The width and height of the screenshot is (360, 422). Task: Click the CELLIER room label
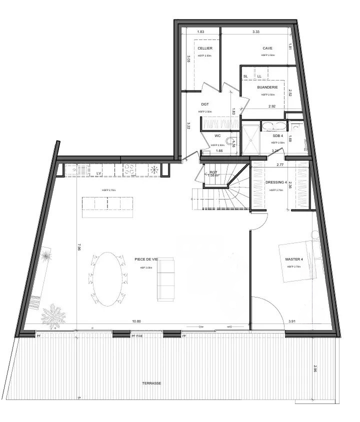205,48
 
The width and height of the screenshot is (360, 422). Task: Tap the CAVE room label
267,48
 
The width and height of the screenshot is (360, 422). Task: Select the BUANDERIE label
267,87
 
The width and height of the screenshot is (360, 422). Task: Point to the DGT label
205,104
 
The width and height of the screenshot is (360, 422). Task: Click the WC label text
217,135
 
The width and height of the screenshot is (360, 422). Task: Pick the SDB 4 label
278,135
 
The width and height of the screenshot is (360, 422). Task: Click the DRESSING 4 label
275,182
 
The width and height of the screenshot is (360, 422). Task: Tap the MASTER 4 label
293,259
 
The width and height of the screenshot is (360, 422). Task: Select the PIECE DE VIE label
146,259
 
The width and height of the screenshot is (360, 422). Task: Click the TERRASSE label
151,383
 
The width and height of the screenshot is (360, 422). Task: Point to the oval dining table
108,279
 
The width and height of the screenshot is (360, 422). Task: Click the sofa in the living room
165,279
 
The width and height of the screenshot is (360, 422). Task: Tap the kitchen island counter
107,207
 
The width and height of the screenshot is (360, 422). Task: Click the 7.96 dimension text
78,246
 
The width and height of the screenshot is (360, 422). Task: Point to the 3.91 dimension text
292,321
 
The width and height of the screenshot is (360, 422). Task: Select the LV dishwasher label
98,173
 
